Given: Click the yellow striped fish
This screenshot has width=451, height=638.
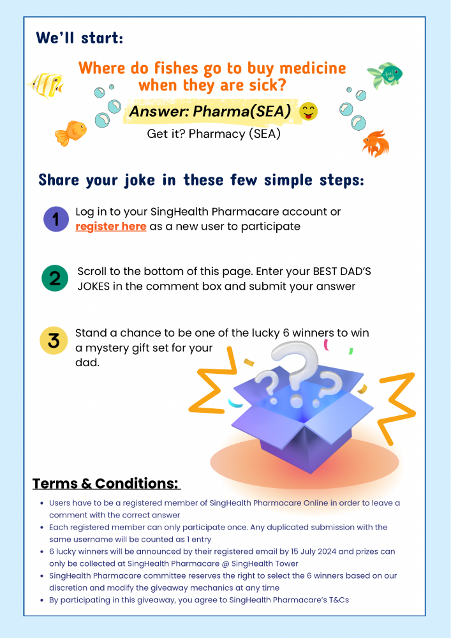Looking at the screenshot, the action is click(x=45, y=85).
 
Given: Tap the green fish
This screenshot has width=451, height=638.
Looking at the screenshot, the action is click(x=385, y=75).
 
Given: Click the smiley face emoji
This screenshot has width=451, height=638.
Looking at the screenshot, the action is click(x=308, y=112).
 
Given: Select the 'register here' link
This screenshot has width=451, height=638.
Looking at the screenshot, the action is click(x=110, y=226).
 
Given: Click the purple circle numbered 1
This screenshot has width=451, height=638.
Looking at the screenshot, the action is click(x=56, y=219).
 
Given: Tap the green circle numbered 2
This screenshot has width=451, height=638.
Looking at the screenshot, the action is click(x=54, y=278).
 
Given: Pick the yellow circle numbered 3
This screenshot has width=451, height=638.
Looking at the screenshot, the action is click(x=54, y=340).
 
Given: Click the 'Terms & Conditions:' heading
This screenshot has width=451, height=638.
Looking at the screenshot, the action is click(x=105, y=484).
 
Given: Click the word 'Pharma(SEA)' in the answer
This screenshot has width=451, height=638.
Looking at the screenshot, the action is click(x=242, y=111).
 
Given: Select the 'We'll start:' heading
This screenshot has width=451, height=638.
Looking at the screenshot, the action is click(x=79, y=38).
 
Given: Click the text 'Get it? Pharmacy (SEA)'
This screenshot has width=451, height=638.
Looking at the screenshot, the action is click(x=214, y=134).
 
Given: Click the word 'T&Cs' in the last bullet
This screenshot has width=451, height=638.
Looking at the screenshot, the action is click(x=338, y=600).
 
